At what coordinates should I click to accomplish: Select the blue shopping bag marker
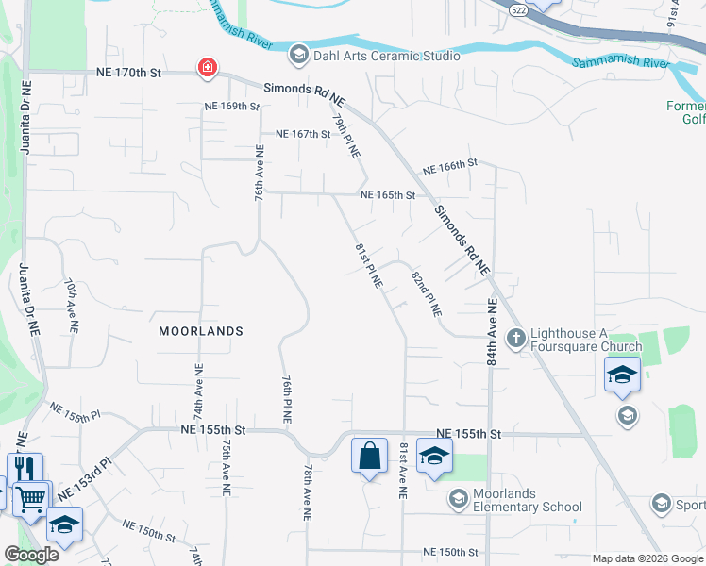[x=369, y=456]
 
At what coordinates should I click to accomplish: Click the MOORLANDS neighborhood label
[x=201, y=331]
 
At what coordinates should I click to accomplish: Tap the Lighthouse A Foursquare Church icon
[x=516, y=337]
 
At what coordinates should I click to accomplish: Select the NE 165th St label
[x=388, y=195]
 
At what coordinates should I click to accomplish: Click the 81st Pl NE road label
[x=369, y=265]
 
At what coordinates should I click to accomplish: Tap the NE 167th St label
[x=303, y=134]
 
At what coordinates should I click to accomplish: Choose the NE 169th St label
[x=231, y=106]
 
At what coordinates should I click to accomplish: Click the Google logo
[x=31, y=555]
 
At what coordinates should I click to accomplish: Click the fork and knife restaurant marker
[x=25, y=469]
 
